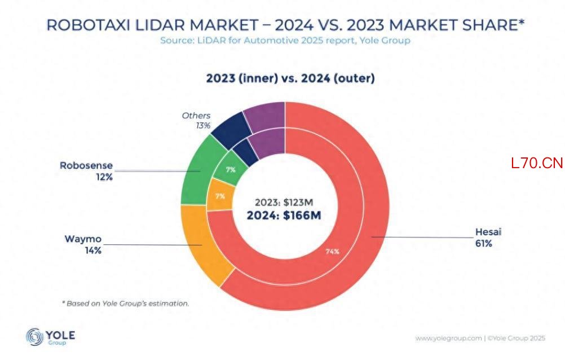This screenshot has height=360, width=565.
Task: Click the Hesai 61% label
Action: coord(488,238)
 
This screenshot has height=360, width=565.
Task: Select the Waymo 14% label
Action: coord(83,244)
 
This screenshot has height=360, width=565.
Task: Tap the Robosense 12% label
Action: coord(86,171)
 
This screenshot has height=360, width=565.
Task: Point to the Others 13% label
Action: coord(196,121)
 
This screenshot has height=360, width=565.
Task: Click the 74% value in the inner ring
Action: coord(332,252)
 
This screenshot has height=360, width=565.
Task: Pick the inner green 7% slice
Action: coord(230,169)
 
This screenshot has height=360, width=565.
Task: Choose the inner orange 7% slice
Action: coord(219,195)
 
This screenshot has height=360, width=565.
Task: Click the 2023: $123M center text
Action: coord(284,203)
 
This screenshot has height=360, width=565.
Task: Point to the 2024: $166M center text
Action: coord(284,216)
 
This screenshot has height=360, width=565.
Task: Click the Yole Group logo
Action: coord(50,337)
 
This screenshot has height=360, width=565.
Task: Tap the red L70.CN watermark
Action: coord(537,164)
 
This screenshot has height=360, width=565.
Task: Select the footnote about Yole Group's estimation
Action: coord(125,304)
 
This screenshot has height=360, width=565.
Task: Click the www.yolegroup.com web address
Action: coord(449,339)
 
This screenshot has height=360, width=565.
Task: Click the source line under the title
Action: coord(285,41)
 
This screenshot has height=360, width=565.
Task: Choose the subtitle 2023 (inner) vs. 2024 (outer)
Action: coord(290,78)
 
